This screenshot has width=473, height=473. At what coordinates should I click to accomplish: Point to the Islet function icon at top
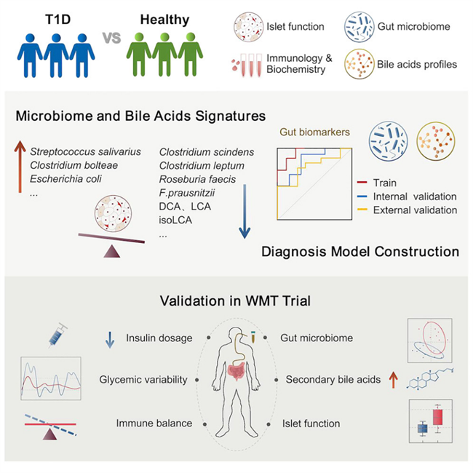click(249, 28)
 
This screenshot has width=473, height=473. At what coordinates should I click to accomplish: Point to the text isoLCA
click(175, 221)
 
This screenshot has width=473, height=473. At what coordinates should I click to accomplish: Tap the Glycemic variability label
click(143, 380)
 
